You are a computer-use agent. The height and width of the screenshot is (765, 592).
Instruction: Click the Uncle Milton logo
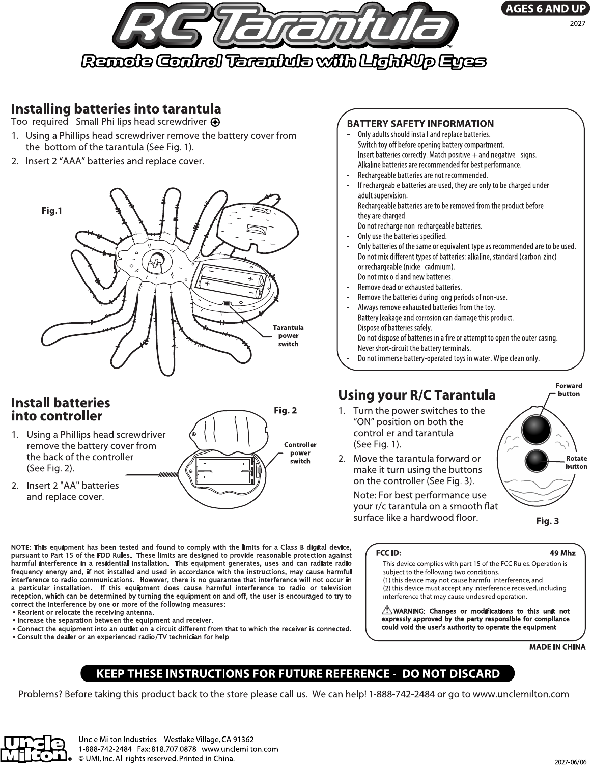(35, 749)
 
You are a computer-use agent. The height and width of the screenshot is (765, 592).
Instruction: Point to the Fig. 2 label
(285, 411)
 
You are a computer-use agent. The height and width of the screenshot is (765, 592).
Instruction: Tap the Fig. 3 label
(548, 521)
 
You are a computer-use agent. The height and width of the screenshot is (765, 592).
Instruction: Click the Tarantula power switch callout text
(288, 336)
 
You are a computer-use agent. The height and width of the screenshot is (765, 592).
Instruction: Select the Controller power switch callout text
(300, 452)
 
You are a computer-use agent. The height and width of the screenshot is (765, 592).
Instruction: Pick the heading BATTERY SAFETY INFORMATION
(420, 124)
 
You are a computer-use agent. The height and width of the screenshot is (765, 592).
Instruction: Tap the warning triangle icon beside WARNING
(387, 610)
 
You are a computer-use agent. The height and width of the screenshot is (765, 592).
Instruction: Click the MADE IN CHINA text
(557, 647)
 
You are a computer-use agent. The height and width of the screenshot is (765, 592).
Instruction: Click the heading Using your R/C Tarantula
(417, 395)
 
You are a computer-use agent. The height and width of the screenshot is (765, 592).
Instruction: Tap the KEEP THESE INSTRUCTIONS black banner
(298, 674)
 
